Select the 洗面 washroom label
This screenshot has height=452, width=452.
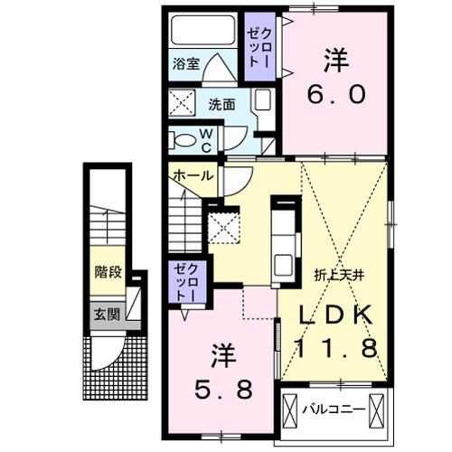point(222,104)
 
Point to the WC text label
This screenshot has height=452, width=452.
point(206,140)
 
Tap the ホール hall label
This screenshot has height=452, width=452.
point(193,174)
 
